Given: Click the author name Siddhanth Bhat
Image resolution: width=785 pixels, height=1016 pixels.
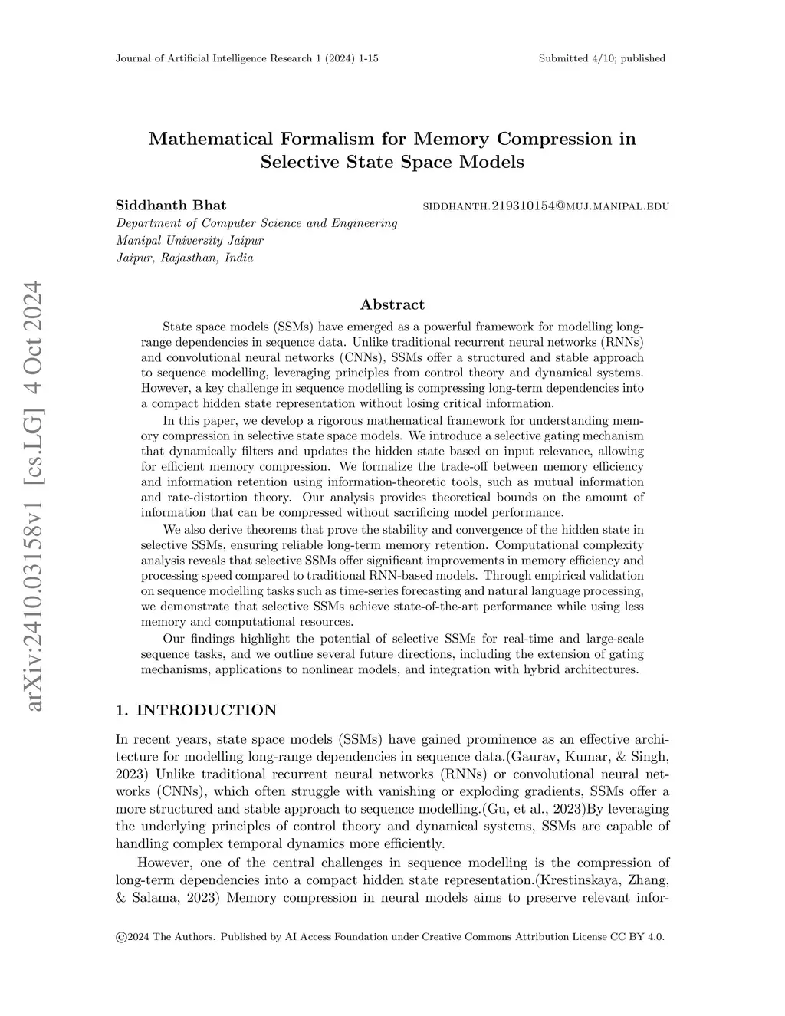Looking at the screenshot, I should point(171,205).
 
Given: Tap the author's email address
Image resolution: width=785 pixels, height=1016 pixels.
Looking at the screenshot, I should point(547,206).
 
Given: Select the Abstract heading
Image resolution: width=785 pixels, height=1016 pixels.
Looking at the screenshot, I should point(392,304).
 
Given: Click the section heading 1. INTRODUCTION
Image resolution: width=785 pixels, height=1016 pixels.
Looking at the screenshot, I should point(195,710).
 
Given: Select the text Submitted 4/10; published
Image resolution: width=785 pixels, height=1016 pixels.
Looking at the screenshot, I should point(602,58).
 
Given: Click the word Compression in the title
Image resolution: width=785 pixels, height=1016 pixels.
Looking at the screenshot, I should point(553,139).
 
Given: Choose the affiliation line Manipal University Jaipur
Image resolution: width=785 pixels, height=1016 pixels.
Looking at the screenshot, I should point(189,240).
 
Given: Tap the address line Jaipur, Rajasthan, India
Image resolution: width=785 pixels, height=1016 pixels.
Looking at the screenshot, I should point(184,258).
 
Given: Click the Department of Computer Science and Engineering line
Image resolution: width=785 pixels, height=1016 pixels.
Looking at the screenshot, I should point(256,223).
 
